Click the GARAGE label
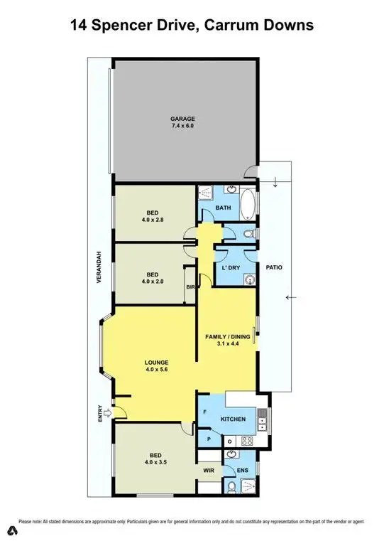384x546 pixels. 182,119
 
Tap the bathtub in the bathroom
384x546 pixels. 248,205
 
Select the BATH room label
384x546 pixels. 224,208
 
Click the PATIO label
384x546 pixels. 274,268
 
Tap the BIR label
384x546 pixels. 190,287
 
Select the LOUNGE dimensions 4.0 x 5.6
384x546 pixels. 158,369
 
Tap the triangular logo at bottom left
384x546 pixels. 12,531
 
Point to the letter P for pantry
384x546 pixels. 209,440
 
